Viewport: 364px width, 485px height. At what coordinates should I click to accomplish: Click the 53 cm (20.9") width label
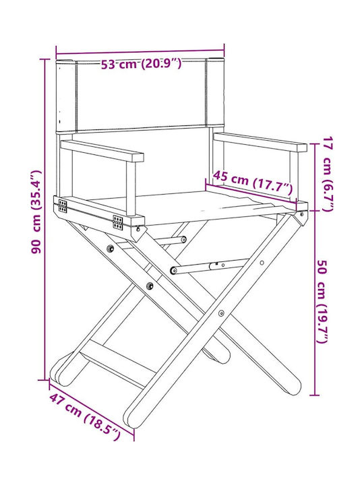(141, 64)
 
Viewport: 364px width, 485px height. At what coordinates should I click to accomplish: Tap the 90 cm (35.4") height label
(36, 212)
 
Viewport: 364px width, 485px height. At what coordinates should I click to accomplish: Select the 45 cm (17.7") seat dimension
(253, 182)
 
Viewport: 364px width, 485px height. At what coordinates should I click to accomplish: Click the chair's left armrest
(102, 151)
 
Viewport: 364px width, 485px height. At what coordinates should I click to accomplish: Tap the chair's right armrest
(260, 142)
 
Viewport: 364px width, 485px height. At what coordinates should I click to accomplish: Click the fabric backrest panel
(140, 95)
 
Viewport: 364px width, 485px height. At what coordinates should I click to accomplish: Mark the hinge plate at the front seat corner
(117, 223)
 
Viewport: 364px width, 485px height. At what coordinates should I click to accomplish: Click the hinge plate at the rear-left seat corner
(63, 206)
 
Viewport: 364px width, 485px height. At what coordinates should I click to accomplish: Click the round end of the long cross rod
(174, 270)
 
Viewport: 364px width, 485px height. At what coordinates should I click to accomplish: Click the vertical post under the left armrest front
(131, 189)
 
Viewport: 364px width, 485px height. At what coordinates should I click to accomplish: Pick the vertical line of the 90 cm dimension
(45, 220)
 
